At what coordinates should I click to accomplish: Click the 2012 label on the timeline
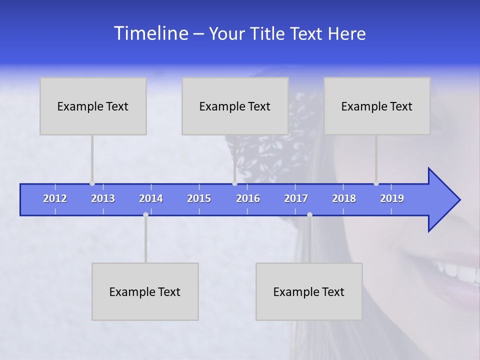tap(55, 198)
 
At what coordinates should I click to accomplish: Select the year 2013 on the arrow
tap(103, 198)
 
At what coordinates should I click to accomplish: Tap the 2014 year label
tap(151, 198)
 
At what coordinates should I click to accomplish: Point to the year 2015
tap(199, 198)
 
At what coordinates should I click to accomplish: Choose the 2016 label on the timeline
tap(248, 198)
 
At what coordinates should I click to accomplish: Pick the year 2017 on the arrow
tap(296, 198)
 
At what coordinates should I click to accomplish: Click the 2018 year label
tap(344, 198)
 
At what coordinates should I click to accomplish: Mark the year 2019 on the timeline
tap(392, 198)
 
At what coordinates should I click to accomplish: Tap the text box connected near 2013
tap(93, 106)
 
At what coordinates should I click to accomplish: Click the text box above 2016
tap(235, 106)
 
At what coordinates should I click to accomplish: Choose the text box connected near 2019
tap(377, 106)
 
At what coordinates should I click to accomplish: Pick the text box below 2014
tap(145, 291)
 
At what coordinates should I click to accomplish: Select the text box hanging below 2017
tap(309, 291)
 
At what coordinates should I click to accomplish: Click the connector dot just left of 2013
tap(92, 183)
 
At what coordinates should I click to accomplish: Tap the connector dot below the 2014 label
tap(145, 215)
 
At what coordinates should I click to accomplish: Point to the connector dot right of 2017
tap(309, 215)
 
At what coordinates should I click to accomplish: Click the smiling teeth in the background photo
tap(457, 270)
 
